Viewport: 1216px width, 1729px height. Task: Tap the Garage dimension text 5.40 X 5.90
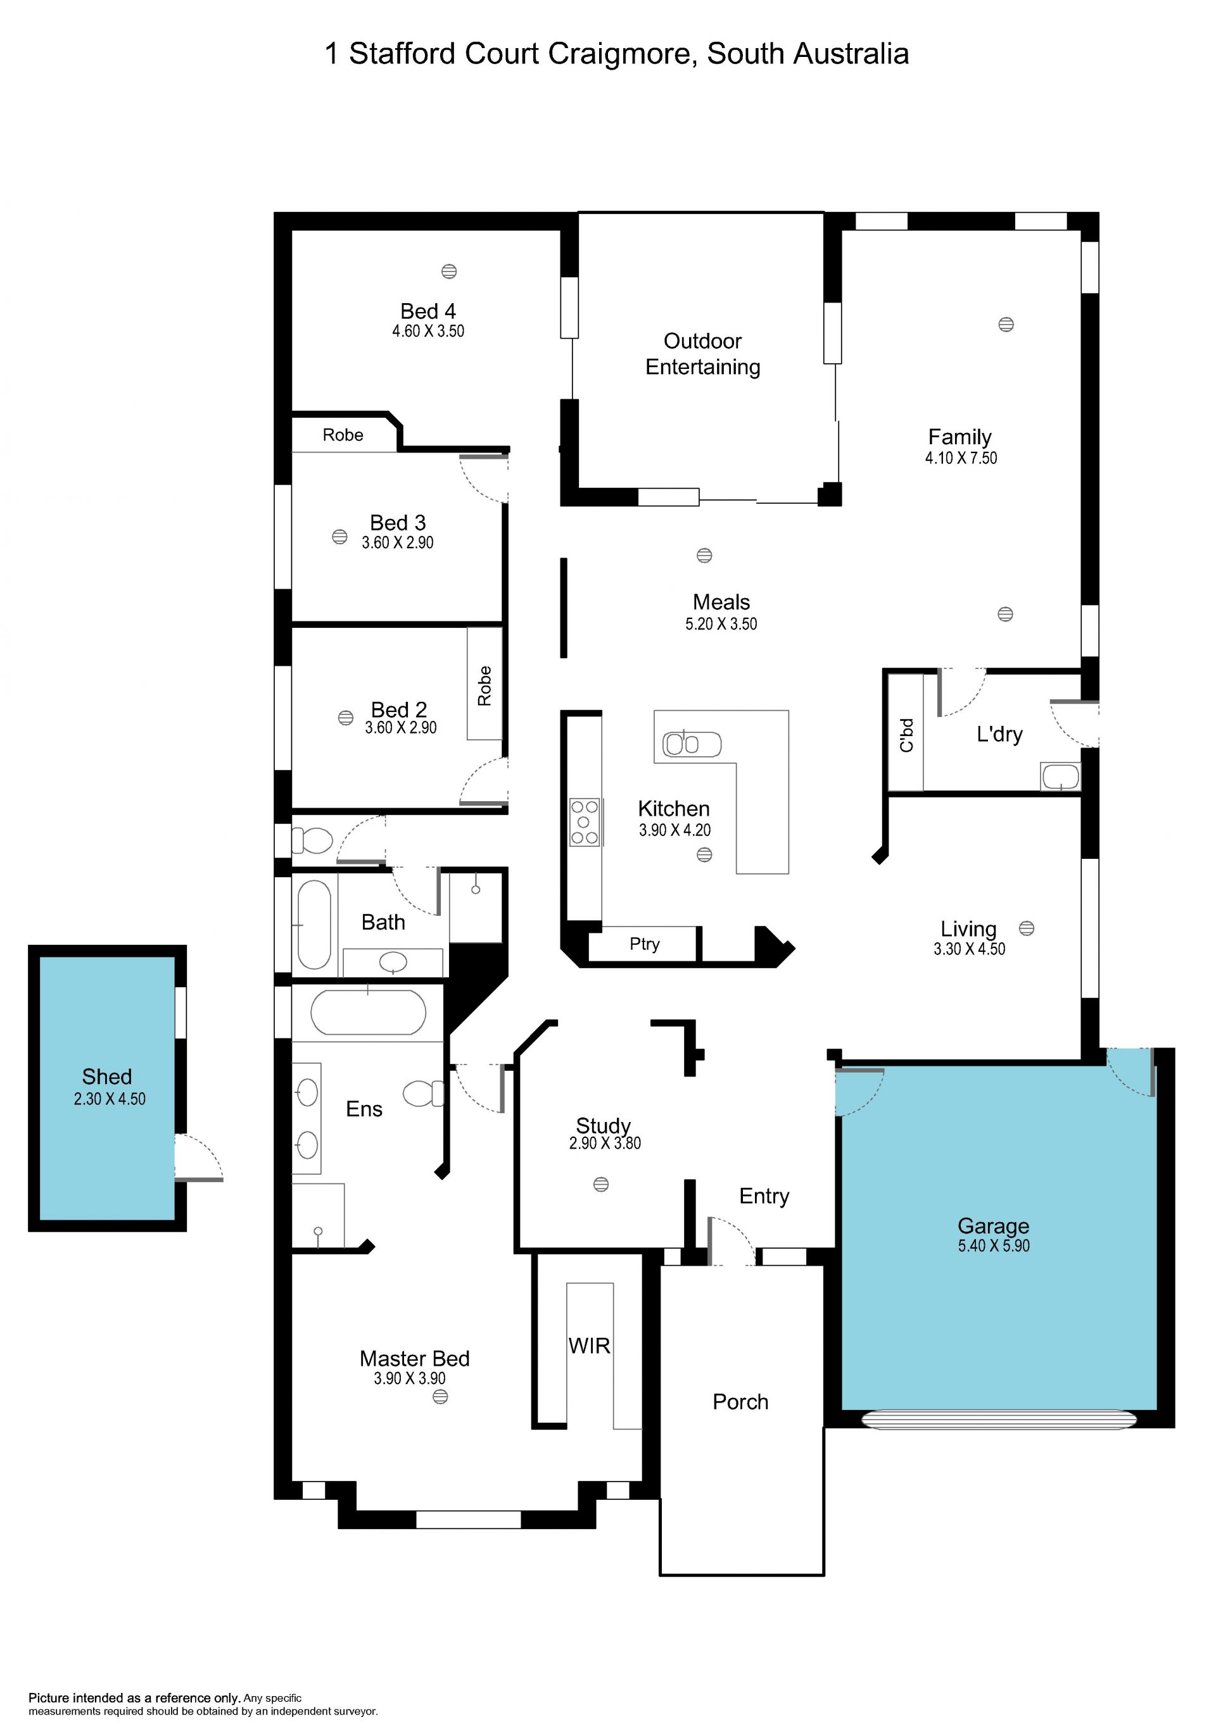(x=994, y=1245)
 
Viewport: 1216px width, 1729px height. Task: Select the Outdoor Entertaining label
(x=703, y=354)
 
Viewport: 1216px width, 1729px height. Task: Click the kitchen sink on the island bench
(x=692, y=744)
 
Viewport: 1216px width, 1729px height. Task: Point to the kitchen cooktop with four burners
(x=584, y=822)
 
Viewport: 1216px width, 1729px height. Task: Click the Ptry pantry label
(x=644, y=944)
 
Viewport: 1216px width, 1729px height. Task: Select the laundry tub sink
(x=1060, y=777)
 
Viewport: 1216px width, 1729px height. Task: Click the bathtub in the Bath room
(x=314, y=924)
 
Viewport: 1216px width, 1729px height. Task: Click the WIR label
(x=589, y=1345)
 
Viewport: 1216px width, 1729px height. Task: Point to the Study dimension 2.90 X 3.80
(x=605, y=1142)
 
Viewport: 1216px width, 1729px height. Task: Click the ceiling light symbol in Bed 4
(x=449, y=271)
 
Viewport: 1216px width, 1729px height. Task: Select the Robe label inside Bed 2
(x=484, y=685)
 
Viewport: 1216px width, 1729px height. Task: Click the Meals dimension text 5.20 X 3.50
(x=721, y=623)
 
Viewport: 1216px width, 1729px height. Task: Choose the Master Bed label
(x=414, y=1359)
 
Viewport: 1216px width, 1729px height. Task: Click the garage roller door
(x=999, y=1420)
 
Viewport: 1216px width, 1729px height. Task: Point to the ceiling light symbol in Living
(x=1026, y=928)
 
